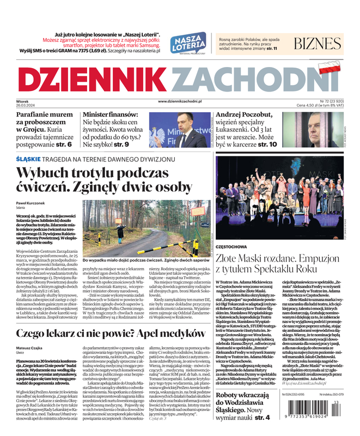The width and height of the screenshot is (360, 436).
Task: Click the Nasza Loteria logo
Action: tap(187, 44)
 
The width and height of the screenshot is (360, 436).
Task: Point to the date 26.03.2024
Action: tap(26, 105)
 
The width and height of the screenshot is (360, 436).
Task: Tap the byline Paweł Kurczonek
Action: tap(31, 202)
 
